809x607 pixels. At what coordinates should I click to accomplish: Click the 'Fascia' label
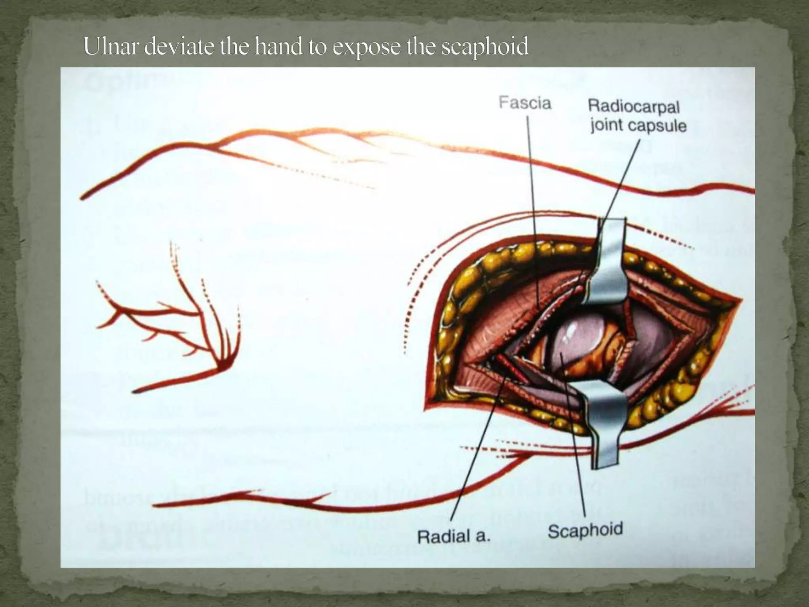point(525,103)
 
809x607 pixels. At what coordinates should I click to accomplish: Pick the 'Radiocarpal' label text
point(634,106)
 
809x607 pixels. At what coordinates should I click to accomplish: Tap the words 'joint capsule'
point(638,126)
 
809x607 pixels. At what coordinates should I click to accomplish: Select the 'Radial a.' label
point(453,537)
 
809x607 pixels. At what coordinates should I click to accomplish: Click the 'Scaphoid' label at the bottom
point(585,530)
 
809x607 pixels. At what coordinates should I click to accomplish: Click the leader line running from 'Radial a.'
point(474,454)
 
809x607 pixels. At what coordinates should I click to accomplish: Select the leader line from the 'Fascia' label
point(531,198)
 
